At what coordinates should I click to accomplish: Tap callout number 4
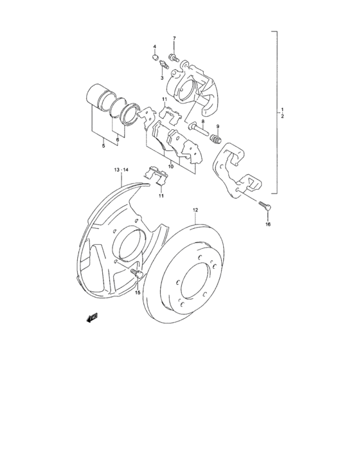click(x=154, y=48)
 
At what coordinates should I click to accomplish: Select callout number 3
click(x=162, y=78)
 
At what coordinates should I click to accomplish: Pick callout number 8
click(x=202, y=122)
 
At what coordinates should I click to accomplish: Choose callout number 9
click(x=217, y=126)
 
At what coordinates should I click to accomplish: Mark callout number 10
click(x=170, y=166)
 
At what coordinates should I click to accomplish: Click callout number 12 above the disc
click(x=195, y=210)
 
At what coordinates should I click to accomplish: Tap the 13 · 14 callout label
click(x=122, y=170)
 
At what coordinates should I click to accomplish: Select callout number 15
click(x=138, y=292)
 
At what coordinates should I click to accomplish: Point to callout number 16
click(x=268, y=225)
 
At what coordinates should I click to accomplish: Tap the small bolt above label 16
click(x=265, y=206)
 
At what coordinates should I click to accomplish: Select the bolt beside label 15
click(x=136, y=275)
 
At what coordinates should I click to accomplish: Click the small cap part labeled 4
click(x=155, y=59)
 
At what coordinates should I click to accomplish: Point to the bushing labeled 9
click(x=217, y=139)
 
